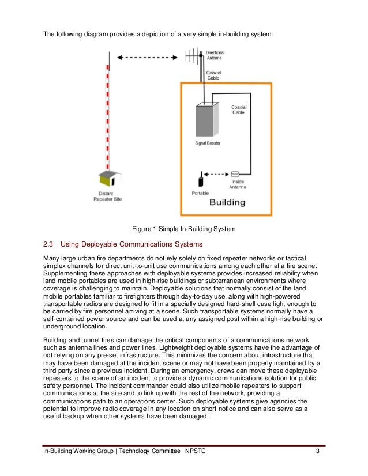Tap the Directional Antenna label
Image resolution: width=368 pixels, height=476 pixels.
coord(216,55)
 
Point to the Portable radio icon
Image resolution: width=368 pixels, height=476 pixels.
coord(201,178)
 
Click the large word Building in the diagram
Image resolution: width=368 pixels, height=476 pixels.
coord(227,203)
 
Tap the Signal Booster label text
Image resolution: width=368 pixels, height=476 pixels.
coord(208,142)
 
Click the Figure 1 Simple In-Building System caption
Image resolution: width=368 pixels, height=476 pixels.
coord(184,229)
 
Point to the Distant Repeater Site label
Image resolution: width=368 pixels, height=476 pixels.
coord(107,197)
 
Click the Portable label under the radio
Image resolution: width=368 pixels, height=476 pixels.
coord(201,193)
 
